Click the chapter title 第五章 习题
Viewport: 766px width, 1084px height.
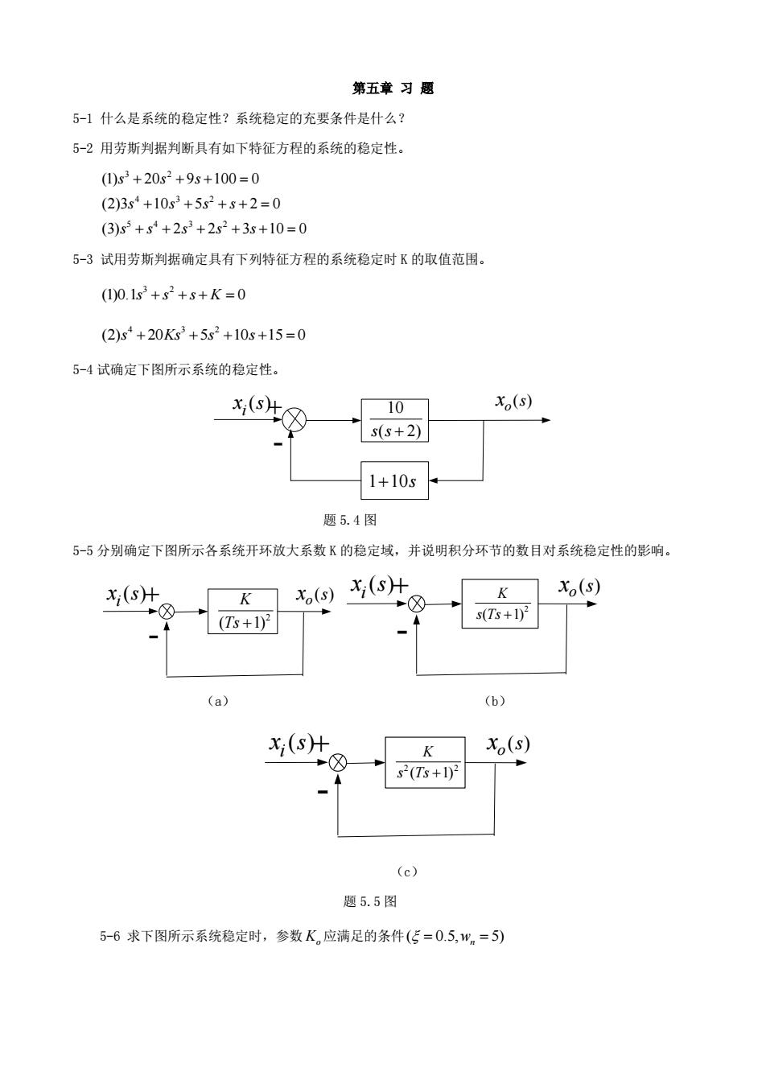pos(393,89)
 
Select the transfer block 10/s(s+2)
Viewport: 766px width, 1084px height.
pos(394,420)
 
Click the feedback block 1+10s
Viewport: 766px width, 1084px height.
pos(394,480)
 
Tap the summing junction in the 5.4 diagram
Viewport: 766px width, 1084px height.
pos(294,419)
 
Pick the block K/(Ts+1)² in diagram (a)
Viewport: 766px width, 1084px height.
pos(242,611)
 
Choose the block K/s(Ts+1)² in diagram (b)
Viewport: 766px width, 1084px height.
pos(500,604)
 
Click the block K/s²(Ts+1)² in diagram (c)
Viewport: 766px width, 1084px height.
pos(425,763)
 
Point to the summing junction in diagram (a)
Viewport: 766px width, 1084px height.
pos(167,612)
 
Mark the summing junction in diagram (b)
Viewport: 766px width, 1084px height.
pos(417,604)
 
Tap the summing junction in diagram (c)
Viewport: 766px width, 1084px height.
pos(338,763)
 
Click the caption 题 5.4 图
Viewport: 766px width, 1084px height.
pos(350,520)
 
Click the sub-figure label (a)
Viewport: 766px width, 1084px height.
pos(218,701)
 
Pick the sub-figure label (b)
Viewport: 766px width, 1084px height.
pos(495,701)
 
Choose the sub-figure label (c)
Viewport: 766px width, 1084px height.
pos(407,872)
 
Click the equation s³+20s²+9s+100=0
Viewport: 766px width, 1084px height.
pos(180,179)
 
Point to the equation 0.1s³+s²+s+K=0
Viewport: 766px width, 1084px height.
pos(173,295)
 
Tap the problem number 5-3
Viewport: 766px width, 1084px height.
pos(83,259)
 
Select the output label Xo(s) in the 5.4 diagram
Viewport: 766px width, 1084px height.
pos(513,402)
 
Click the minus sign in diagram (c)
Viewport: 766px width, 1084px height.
pos(323,792)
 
